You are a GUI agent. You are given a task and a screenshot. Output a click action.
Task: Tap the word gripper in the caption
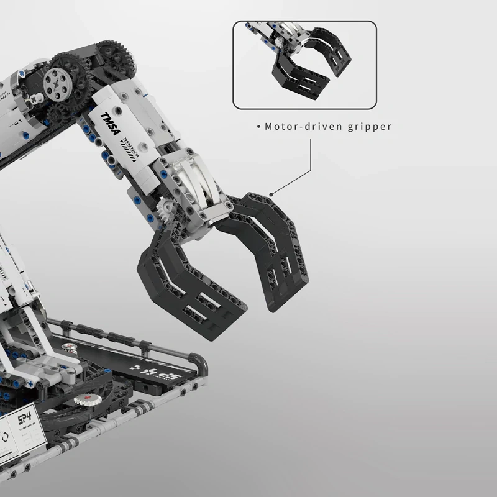[370, 127]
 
